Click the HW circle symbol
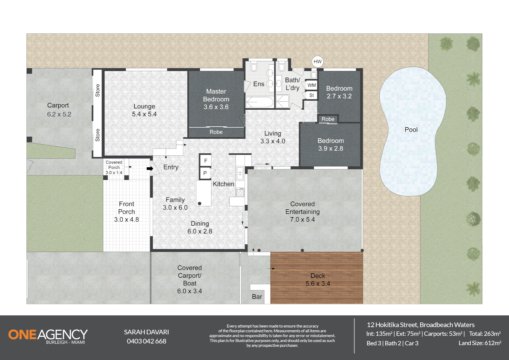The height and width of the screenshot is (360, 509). pos(317,62)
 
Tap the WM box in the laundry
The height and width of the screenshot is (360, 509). pos(311,85)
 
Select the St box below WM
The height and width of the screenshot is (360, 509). pos(311,95)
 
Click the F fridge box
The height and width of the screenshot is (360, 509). pos(206,161)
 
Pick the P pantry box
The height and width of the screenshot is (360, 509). pos(205,173)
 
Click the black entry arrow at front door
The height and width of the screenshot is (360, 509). pos(150,169)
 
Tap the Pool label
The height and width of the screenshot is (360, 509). pos(411,130)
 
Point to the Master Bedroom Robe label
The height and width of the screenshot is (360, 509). pos(216,132)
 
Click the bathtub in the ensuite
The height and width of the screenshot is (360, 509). pos(259,102)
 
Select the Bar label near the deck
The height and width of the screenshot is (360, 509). pos(257,297)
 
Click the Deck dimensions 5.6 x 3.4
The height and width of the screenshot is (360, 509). pos(318,284)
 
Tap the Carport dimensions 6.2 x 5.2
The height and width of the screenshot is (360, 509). pos(59,114)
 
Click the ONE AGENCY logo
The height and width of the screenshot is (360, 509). pos(48,335)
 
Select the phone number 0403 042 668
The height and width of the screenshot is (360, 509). pos(146,341)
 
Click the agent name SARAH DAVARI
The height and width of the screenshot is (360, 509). pos(146,332)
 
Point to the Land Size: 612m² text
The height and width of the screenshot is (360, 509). pos(479,343)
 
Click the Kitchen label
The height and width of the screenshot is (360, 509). pos(223,184)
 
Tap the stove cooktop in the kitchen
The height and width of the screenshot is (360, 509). pos(240,192)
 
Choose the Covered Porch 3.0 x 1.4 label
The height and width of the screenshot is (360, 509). pos(114,167)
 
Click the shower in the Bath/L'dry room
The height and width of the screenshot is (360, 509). pos(282,101)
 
